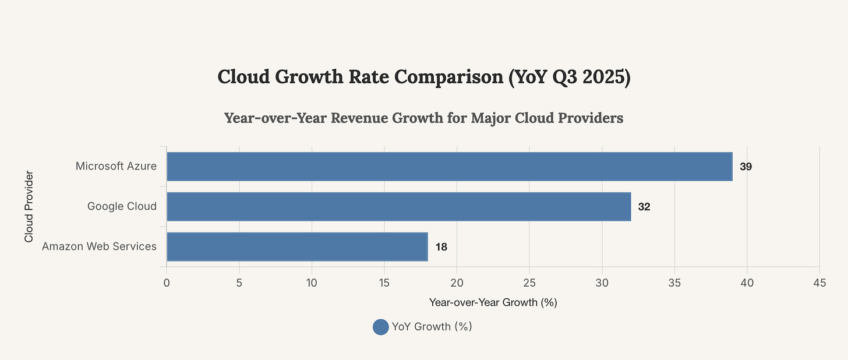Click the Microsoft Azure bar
click(449, 167)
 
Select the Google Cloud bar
click(398, 206)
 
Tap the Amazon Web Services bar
click(297, 246)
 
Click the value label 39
click(746, 167)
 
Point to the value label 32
click(644, 206)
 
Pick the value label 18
click(441, 247)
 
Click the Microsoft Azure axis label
click(116, 167)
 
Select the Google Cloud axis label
click(122, 206)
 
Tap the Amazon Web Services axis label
click(99, 246)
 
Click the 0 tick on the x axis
click(167, 283)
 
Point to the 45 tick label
click(819, 283)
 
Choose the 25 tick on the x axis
click(529, 283)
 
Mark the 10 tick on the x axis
click(312, 283)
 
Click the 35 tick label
click(674, 283)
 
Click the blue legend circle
click(380, 327)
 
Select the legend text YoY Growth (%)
click(432, 327)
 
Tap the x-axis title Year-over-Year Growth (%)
click(493, 302)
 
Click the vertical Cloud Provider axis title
click(29, 206)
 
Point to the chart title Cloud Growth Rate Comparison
click(424, 77)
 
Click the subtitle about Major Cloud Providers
click(424, 118)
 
